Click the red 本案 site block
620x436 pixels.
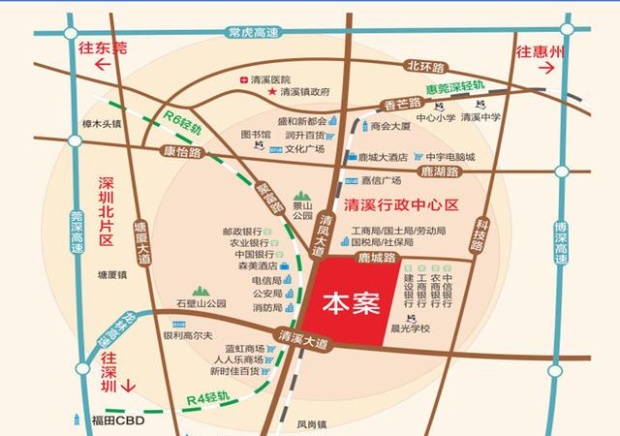click(349, 302)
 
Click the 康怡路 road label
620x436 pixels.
click(176, 153)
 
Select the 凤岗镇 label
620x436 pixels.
click(313, 423)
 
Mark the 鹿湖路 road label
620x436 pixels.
click(440, 171)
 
